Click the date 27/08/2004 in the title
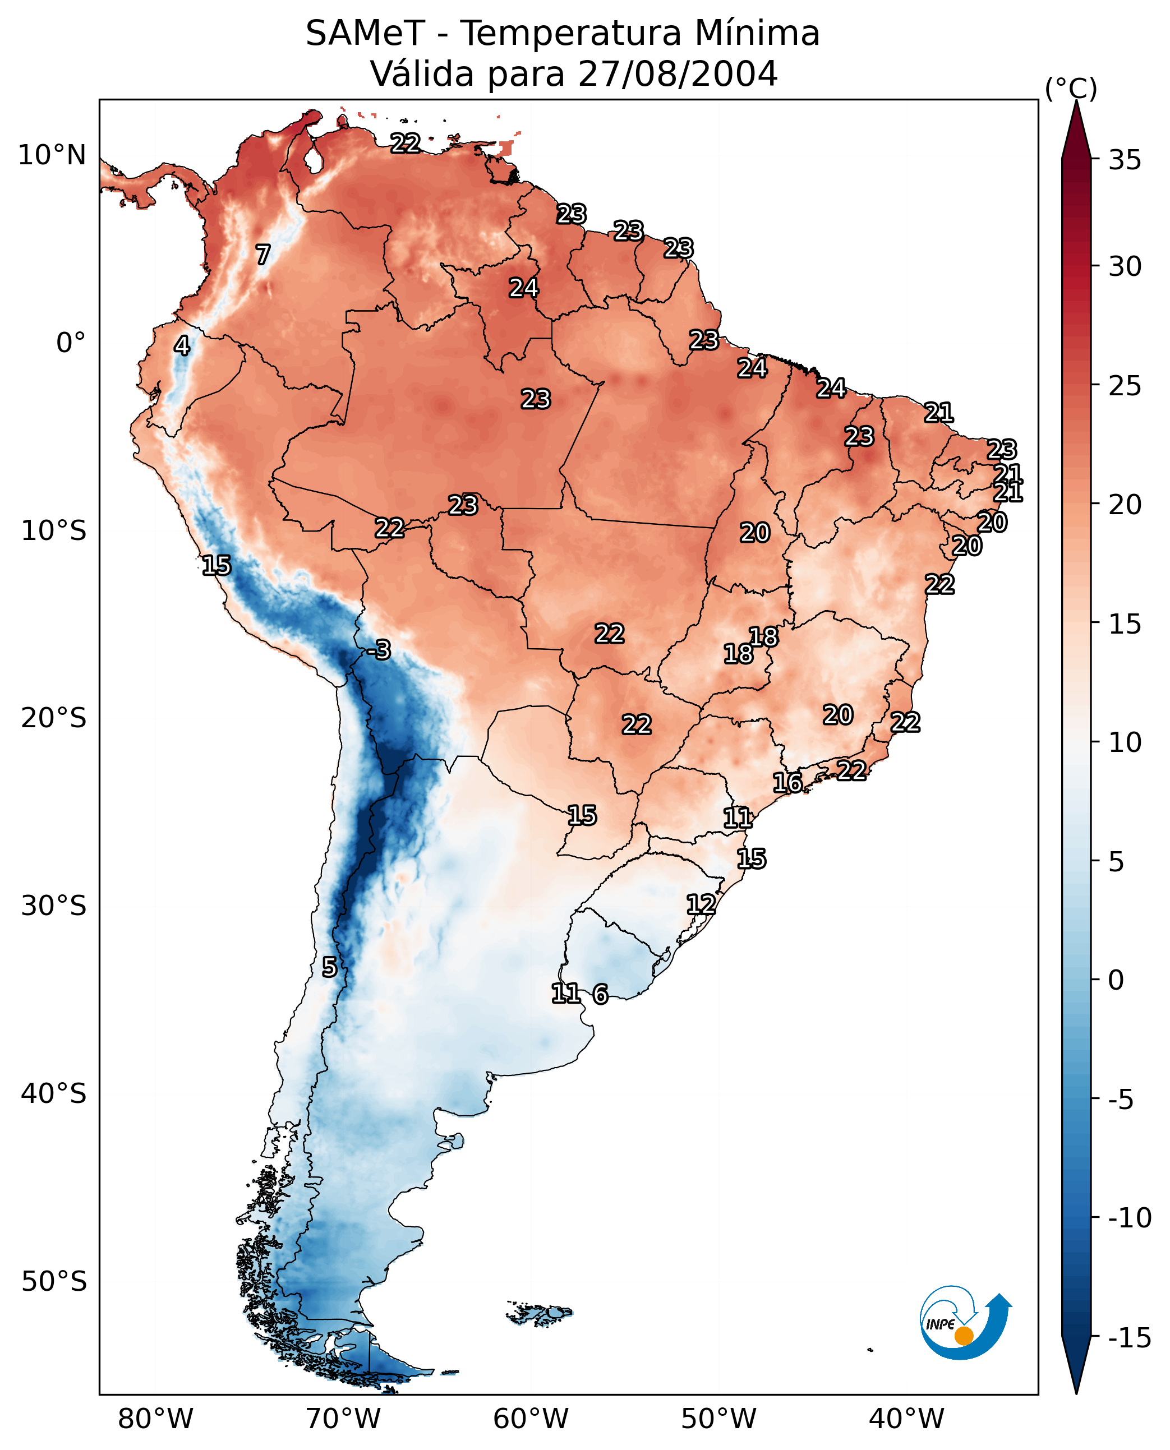[678, 73]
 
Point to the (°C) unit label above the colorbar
[1070, 89]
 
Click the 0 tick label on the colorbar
[1116, 980]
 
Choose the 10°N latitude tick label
[52, 156]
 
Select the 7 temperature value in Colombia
[263, 255]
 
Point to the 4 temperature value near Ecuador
[182, 345]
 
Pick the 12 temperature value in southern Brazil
[701, 904]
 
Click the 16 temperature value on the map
[787, 783]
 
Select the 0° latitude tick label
[70, 343]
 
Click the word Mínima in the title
[757, 34]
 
